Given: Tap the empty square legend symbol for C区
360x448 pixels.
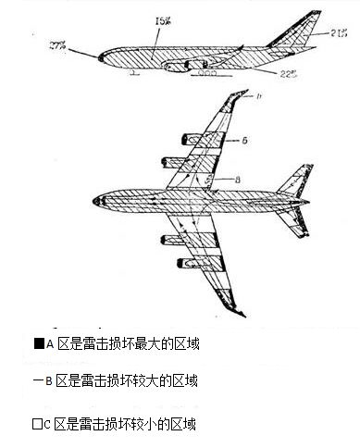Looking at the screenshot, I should (37, 425).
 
